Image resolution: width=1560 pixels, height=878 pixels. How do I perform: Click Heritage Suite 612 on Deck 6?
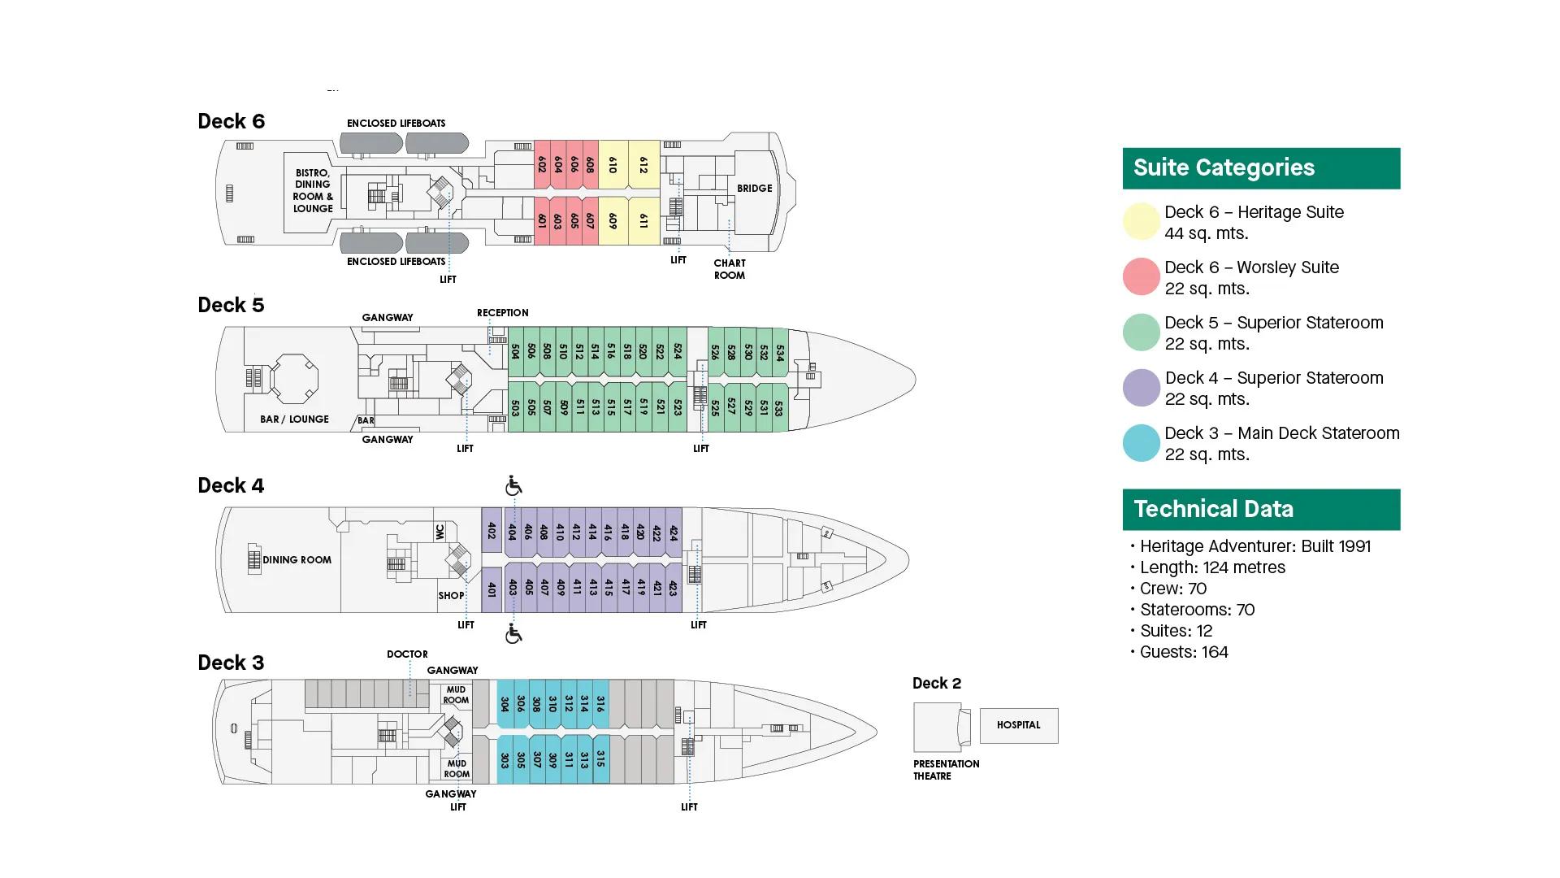(x=643, y=166)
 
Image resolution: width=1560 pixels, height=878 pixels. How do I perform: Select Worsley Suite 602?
(x=542, y=165)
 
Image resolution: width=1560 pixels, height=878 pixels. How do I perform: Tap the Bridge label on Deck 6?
(x=754, y=189)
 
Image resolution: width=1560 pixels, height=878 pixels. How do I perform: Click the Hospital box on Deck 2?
(x=1018, y=725)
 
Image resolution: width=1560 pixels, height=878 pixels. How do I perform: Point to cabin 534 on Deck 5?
(x=779, y=353)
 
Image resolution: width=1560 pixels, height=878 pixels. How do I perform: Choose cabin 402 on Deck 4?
(x=492, y=531)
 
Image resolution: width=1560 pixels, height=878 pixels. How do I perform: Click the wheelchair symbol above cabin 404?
(x=513, y=486)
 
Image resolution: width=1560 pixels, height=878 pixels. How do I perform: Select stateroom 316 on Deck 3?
(x=600, y=704)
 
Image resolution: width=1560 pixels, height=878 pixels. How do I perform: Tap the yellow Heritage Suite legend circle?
(x=1141, y=222)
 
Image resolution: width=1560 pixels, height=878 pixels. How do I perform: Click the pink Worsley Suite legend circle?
(x=1141, y=277)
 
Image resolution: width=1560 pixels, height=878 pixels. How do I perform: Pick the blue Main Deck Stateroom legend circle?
(x=1141, y=443)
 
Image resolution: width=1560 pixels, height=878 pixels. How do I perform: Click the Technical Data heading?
(x=1213, y=510)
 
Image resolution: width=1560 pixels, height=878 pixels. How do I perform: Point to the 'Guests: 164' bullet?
(x=1183, y=652)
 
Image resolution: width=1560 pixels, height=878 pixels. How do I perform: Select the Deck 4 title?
(x=231, y=486)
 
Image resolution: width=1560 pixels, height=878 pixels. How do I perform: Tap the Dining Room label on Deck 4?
(x=297, y=560)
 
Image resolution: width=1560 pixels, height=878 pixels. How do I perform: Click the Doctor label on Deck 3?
(x=407, y=654)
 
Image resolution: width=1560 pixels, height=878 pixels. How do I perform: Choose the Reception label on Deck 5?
(x=502, y=313)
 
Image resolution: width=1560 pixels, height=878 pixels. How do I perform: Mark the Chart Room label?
(x=730, y=269)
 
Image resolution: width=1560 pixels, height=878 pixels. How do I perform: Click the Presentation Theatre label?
(x=946, y=770)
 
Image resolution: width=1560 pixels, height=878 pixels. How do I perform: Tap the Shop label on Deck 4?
(x=451, y=596)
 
